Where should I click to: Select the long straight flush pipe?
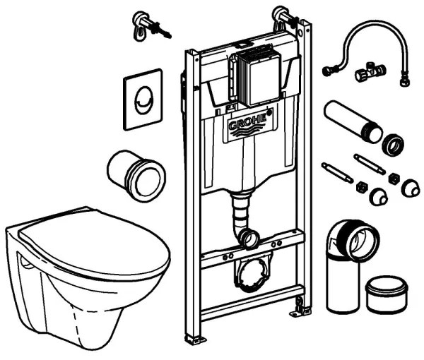pos(350,121)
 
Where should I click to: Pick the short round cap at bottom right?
pos(387,292)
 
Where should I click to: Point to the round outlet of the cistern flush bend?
pos(248,238)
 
